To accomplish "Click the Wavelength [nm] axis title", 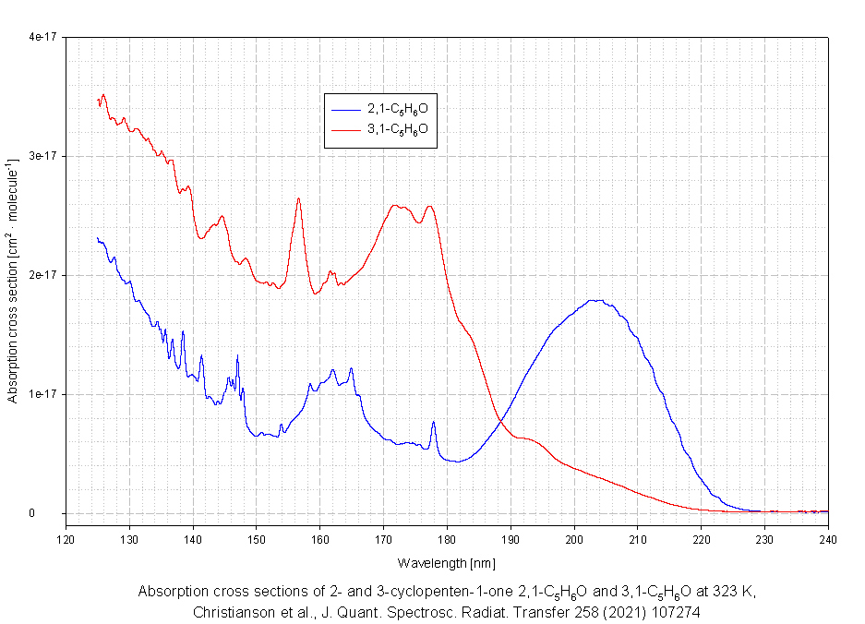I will (447, 561).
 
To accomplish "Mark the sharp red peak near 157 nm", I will (298, 199).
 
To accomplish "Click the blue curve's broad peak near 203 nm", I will (595, 300).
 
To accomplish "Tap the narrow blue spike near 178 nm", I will (434, 423).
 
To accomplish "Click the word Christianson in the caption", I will (234, 612).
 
